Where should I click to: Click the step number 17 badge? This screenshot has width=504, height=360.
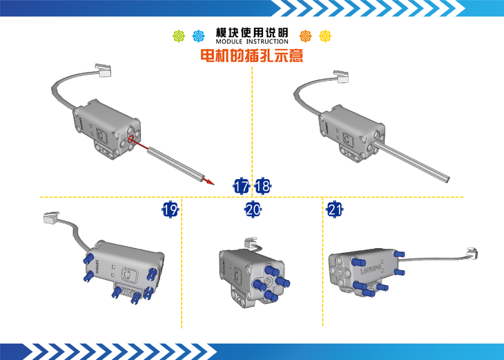241,186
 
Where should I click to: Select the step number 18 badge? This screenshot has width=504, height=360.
262,186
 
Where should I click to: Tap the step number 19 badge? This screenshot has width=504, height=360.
170,210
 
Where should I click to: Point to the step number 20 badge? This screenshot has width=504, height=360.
253,210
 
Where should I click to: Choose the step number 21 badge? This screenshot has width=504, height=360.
335,210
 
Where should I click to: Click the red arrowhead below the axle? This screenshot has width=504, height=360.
210,182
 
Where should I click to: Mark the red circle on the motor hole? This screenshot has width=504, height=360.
130,140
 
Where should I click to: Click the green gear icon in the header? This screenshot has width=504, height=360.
179,36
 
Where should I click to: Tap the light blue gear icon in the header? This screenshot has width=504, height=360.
199,36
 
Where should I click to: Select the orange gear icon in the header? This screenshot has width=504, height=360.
305,36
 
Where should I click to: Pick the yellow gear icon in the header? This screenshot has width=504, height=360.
325,36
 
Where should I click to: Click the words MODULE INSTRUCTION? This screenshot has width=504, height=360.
252,41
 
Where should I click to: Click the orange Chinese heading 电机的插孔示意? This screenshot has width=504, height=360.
252,55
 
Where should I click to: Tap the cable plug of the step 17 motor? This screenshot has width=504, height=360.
103,70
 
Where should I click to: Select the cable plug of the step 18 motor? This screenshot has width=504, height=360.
341,77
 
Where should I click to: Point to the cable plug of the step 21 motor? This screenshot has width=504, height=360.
472,254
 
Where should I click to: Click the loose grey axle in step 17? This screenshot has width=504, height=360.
176,163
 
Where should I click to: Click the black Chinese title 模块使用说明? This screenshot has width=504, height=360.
252,32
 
